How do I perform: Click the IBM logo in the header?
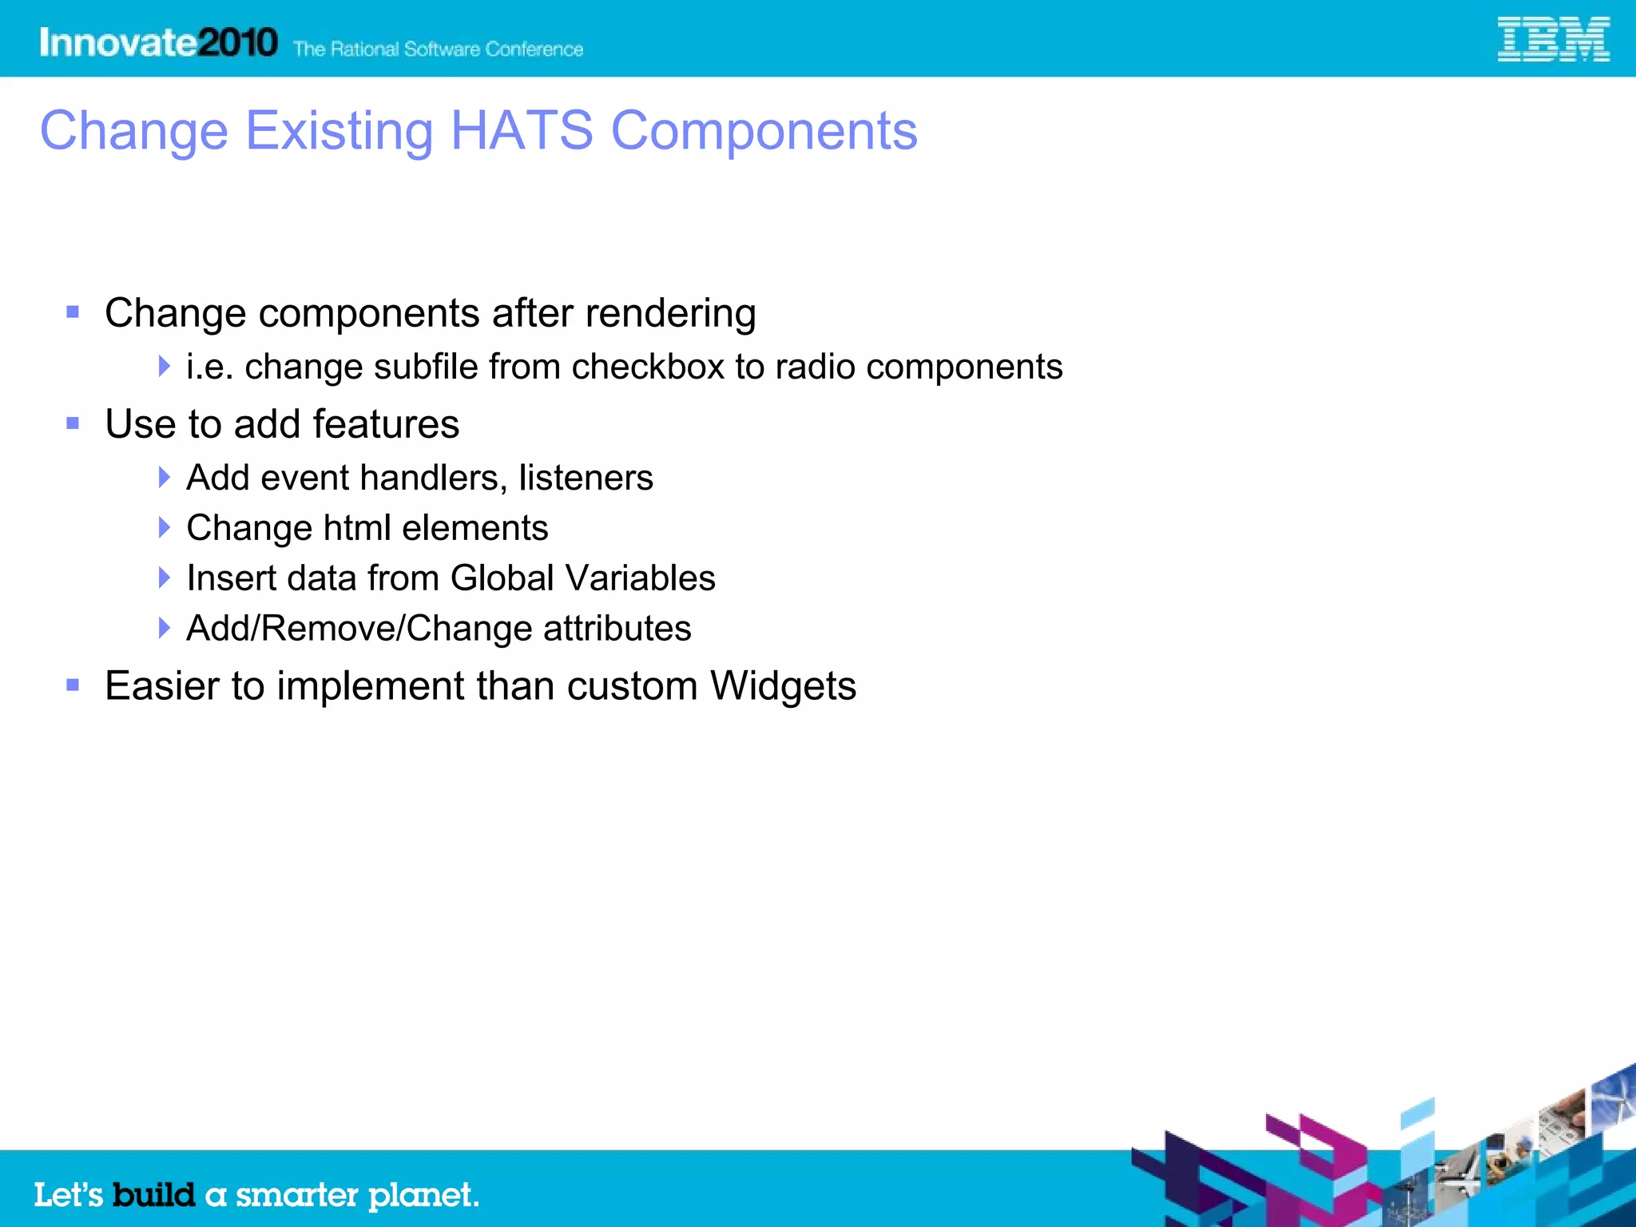(1552, 40)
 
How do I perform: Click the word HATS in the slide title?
(522, 131)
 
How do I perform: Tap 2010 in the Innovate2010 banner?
(237, 42)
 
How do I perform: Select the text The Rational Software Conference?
(438, 50)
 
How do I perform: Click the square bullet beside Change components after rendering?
(73, 312)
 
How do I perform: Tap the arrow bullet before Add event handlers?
(164, 478)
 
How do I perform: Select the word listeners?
(586, 478)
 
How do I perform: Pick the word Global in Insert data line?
(502, 578)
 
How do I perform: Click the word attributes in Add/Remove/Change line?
(617, 629)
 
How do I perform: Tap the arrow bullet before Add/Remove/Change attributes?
(164, 628)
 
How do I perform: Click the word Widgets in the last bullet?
(783, 686)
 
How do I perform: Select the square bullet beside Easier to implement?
(73, 685)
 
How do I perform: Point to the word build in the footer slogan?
(153, 1195)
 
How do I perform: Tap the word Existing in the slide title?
(339, 131)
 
